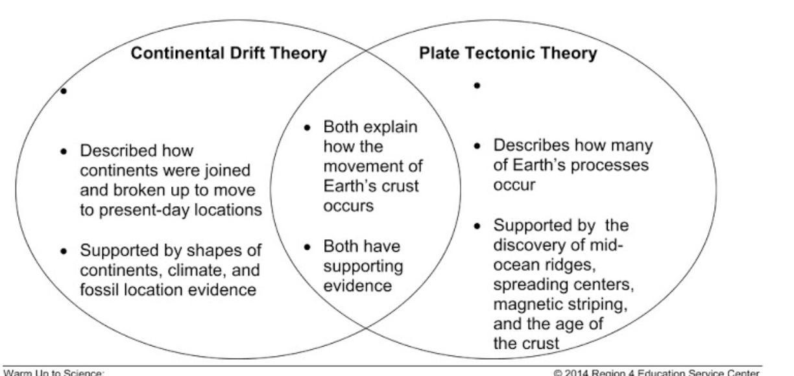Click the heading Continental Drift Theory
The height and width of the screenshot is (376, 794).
[228, 54]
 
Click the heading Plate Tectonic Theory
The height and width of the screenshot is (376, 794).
[508, 54]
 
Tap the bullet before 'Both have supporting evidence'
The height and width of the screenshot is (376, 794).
[308, 246]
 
